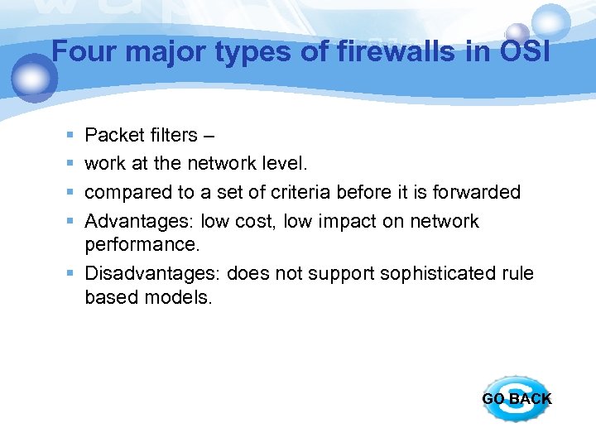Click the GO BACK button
point(517,398)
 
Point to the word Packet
point(113,135)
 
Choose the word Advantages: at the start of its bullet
point(140,222)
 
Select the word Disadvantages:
point(153,273)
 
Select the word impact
point(313,222)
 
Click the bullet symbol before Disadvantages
point(70,273)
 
